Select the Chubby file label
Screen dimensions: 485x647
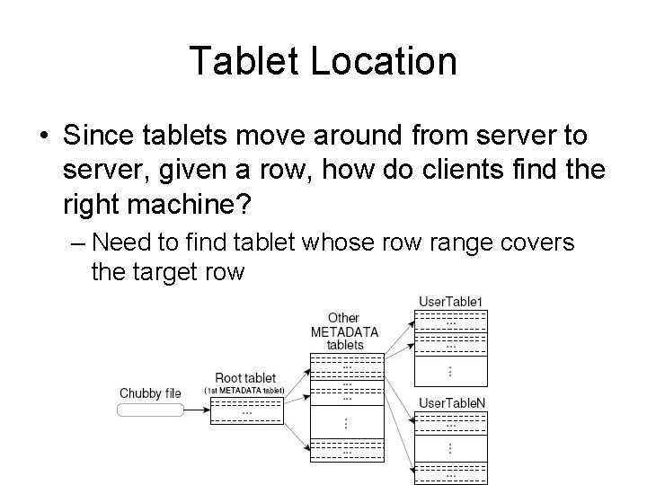click(150, 393)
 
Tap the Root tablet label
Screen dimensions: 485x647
click(245, 378)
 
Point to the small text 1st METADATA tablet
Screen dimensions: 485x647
click(245, 390)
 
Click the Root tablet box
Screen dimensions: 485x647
click(246, 410)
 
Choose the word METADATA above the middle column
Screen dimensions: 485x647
click(344, 331)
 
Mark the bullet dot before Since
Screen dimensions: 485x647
click(43, 136)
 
